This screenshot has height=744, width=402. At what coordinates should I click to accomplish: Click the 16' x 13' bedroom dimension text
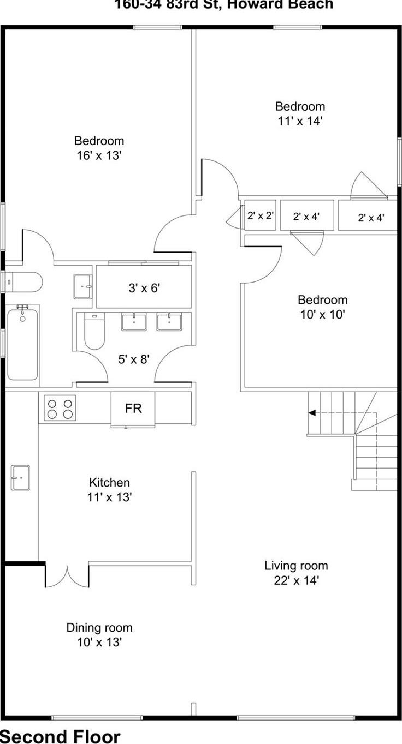coord(99,155)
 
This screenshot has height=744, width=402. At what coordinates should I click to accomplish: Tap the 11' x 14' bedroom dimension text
coord(300,121)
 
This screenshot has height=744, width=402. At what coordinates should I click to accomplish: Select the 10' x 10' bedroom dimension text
coord(322,315)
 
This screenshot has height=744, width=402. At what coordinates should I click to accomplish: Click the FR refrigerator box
coord(133,409)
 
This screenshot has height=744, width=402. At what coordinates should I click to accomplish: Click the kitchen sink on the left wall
coord(20,478)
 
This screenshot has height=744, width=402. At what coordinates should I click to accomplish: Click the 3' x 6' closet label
coord(144,288)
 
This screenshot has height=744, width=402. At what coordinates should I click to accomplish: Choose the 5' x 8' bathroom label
coord(134,359)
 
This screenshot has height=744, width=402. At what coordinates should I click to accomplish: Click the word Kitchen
coord(109,483)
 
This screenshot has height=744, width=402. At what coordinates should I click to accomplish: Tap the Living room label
coord(296,566)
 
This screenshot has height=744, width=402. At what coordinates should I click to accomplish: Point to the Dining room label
coord(99,628)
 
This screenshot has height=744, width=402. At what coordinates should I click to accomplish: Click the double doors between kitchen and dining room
coord(67,575)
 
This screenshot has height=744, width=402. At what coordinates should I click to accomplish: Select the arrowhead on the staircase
coord(312,413)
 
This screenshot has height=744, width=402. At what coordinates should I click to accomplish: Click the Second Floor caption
coord(60,736)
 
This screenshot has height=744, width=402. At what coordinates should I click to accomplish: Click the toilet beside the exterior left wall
coord(25,282)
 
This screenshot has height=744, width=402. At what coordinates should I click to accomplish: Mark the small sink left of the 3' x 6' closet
coord(83,286)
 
